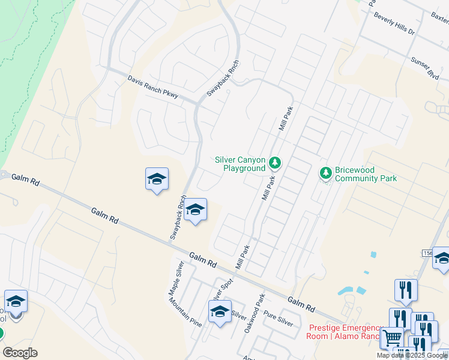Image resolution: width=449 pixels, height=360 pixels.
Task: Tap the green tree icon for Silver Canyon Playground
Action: click(x=275, y=162)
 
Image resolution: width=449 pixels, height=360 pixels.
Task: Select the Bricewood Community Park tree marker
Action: click(x=326, y=173)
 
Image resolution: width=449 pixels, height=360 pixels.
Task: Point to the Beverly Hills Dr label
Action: click(x=394, y=23)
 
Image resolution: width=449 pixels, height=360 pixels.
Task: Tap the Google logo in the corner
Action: click(x=20, y=352)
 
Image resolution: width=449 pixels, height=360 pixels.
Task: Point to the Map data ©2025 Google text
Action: click(x=412, y=355)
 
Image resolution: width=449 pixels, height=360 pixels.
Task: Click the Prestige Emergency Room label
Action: click(x=345, y=332)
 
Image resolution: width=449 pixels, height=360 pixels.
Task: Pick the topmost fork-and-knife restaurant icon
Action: click(x=406, y=290)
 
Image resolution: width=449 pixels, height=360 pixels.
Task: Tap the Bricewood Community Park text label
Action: click(x=366, y=174)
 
